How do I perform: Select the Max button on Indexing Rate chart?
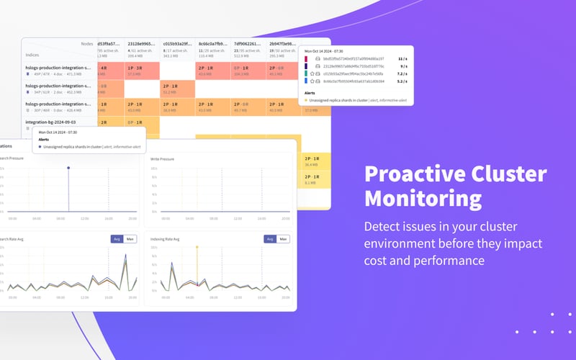(x=283, y=239)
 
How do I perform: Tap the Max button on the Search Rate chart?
(x=130, y=239)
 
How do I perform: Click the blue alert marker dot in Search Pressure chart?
(x=68, y=168)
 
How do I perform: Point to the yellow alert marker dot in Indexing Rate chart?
(x=197, y=247)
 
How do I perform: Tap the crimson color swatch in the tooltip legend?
(x=306, y=58)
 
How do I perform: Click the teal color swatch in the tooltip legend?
(x=306, y=73)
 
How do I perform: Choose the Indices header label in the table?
(x=32, y=53)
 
